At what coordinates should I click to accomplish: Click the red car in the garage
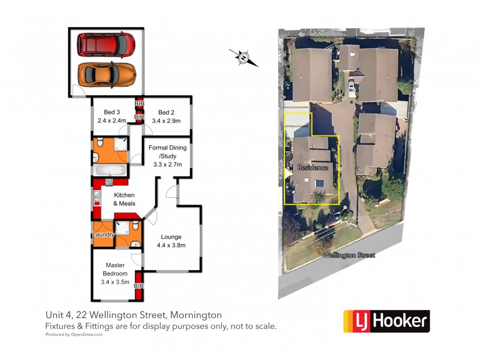click(106, 45)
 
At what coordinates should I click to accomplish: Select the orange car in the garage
click(107, 74)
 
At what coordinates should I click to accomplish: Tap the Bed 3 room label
click(112, 112)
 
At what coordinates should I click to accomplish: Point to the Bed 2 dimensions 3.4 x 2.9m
click(166, 121)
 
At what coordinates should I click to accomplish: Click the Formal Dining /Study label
click(167, 152)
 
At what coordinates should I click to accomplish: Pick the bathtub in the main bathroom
click(110, 170)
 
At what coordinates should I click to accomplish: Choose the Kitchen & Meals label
click(124, 199)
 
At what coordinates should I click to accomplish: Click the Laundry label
click(103, 235)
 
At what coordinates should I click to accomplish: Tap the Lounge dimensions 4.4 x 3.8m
click(171, 245)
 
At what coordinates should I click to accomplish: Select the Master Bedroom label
click(115, 269)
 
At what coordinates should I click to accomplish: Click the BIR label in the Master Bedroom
click(139, 286)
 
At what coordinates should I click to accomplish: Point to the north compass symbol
click(244, 58)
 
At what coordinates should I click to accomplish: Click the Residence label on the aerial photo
click(313, 168)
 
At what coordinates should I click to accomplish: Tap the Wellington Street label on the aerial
click(349, 255)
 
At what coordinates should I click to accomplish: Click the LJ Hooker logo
click(386, 321)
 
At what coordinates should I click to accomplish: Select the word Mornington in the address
click(196, 315)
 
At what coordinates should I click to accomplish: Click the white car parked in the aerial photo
click(352, 86)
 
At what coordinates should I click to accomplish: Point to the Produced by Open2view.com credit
click(74, 335)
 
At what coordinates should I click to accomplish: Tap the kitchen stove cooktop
click(109, 182)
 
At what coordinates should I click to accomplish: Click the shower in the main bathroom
click(121, 144)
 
